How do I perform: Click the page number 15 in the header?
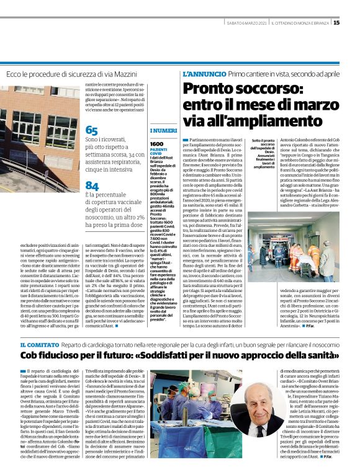click(354, 23)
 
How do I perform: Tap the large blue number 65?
click(92, 131)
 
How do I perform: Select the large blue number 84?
click(92, 185)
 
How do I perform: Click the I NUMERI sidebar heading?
click(163, 131)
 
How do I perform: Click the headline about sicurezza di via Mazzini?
click(71, 74)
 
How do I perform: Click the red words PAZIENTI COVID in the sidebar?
click(159, 153)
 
